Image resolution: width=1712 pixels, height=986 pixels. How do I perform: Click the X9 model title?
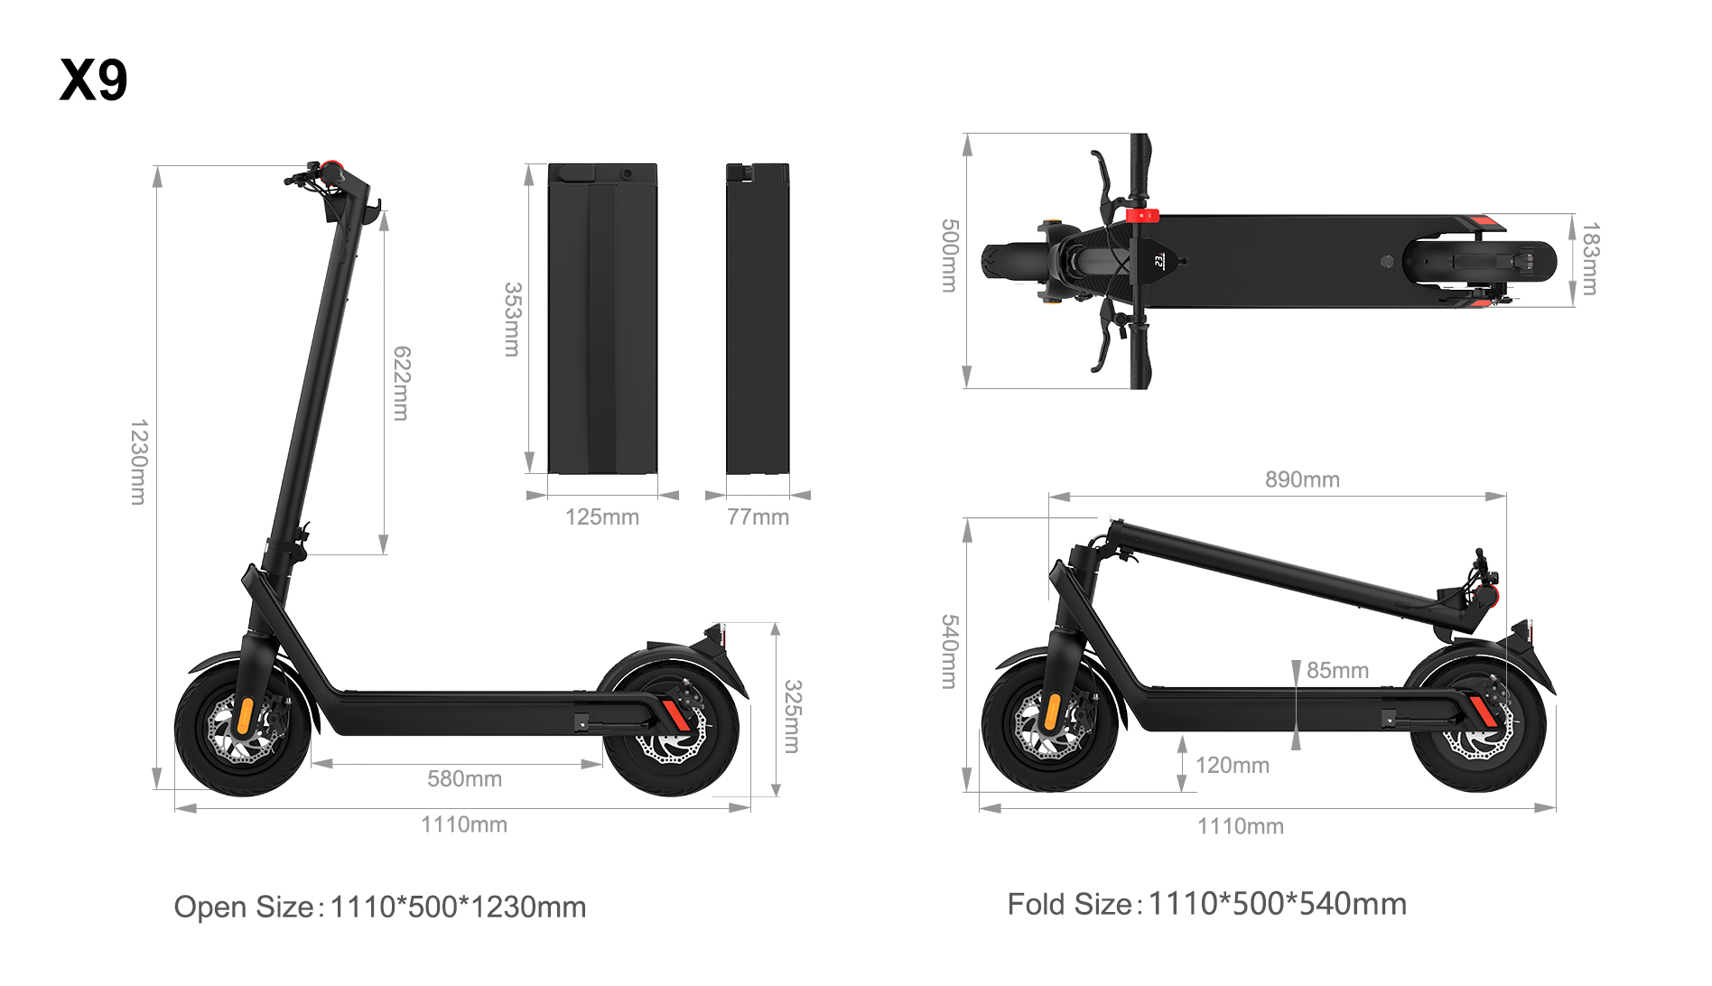94,79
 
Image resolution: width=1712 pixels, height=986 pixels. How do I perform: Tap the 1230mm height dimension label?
138,461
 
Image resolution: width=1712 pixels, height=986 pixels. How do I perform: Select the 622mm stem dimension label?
402,383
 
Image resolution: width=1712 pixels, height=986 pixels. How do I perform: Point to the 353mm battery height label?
512,320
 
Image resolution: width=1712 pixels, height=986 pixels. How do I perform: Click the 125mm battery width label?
602,517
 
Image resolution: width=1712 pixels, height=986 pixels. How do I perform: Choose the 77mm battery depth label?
758,517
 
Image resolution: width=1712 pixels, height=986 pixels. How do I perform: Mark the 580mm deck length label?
464,778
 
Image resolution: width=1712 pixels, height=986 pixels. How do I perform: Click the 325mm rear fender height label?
792,716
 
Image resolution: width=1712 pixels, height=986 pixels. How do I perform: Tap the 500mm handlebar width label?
949,256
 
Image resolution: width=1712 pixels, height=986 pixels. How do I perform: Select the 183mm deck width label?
1590,259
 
